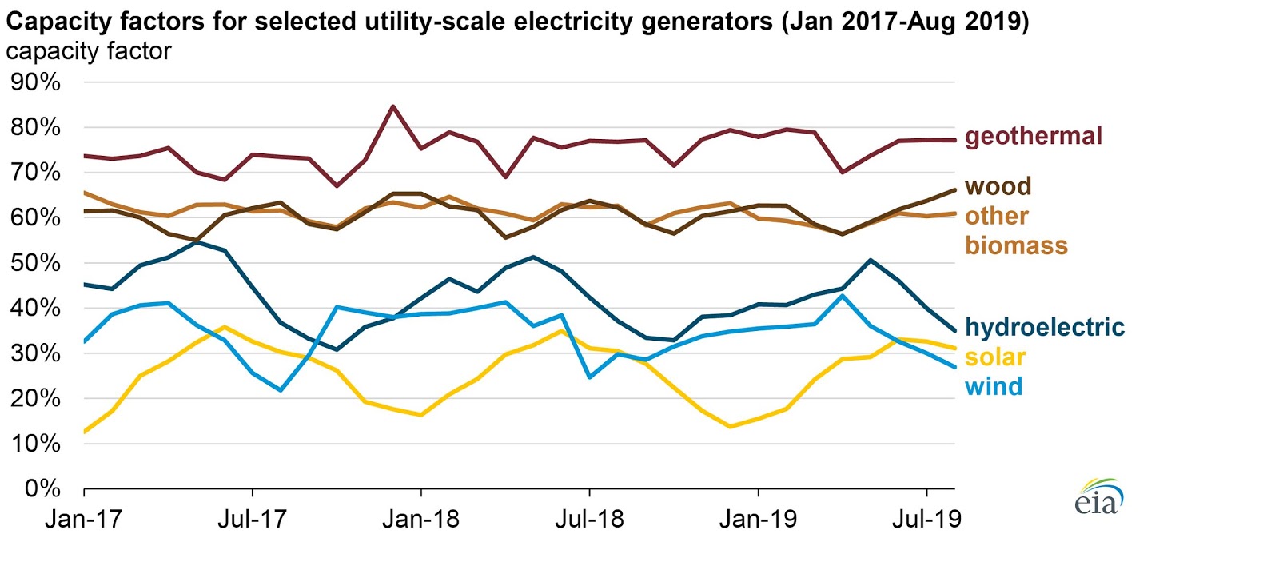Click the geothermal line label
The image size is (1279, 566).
pos(1033,136)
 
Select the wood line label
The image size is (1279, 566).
pos(998,186)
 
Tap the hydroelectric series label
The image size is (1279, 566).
pos(1044,327)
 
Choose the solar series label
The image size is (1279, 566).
pos(994,357)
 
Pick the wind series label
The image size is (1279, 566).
pos(994,387)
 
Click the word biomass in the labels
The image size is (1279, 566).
pos(1016,245)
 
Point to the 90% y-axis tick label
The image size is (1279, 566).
pos(35,82)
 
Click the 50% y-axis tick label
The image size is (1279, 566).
pos(35,263)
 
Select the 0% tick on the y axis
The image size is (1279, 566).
pos(42,488)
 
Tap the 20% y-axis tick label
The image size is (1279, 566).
pos(35,398)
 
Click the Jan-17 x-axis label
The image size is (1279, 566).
pos(83,520)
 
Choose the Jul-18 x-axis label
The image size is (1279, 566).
pos(589,520)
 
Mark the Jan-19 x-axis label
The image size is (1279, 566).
pos(758,520)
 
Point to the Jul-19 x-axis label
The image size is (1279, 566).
pos(926,520)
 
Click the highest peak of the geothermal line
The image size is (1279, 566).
pos(392,106)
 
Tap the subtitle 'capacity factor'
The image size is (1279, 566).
pos(88,51)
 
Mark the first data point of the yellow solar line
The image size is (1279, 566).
pos(85,432)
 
